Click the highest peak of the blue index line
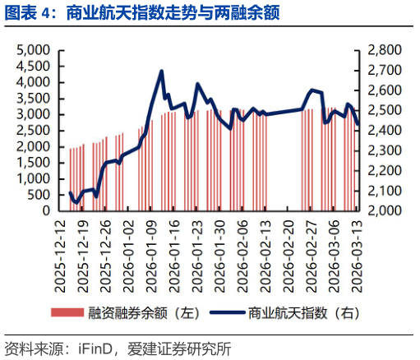(161, 72)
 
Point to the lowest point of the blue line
(76, 202)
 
